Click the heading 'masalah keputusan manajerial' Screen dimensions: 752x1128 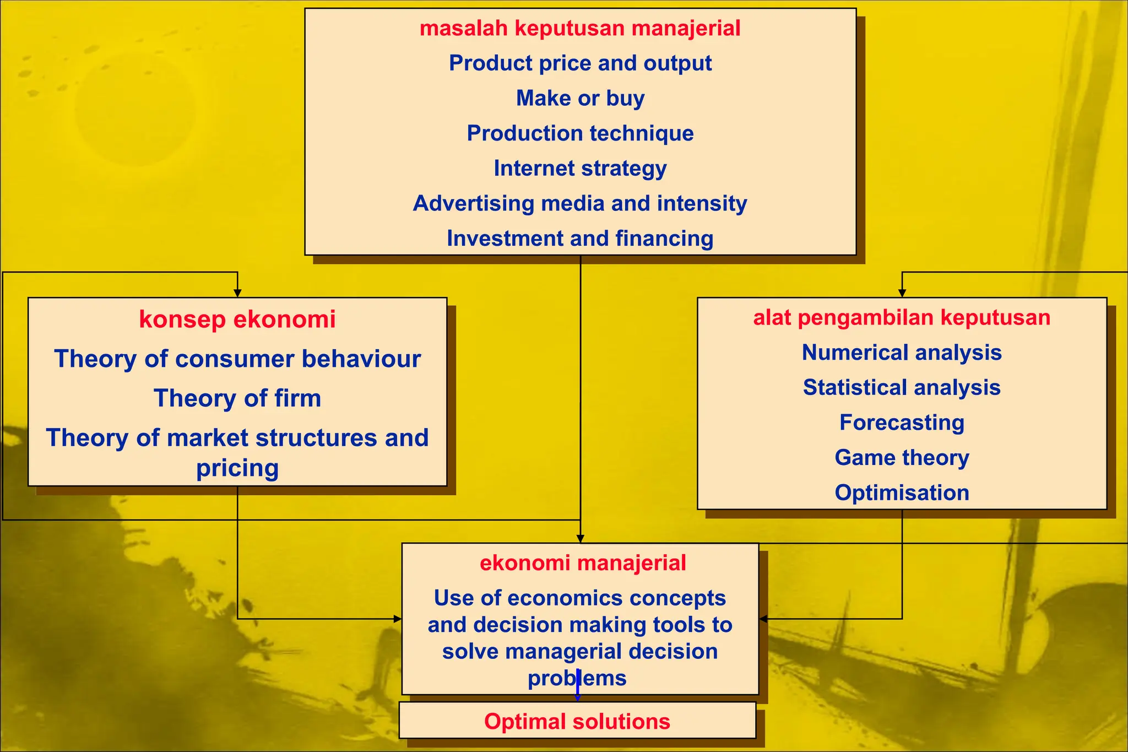(x=580, y=29)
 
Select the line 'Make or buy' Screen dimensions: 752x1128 (x=580, y=99)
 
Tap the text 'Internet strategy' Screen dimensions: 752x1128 (x=580, y=169)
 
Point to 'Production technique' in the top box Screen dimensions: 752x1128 (x=580, y=134)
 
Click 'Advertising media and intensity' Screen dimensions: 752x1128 (x=580, y=204)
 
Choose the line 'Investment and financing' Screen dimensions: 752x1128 (x=580, y=239)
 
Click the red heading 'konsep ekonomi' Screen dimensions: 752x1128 (x=237, y=320)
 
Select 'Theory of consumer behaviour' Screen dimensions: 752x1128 (x=237, y=359)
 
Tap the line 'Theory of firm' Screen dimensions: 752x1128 (x=237, y=398)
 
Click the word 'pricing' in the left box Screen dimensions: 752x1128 (x=237, y=468)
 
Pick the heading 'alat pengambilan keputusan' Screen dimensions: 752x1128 (x=902, y=318)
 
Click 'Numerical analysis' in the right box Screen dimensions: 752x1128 (x=902, y=353)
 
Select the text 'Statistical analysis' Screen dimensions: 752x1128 (x=902, y=388)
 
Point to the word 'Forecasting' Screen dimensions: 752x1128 (x=902, y=423)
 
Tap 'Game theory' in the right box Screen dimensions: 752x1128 (x=902, y=458)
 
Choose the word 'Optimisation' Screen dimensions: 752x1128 (x=902, y=493)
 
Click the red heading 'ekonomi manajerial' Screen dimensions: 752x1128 (x=583, y=564)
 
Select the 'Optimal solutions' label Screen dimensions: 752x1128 (x=577, y=722)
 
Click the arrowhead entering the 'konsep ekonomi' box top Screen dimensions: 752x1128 (x=237, y=293)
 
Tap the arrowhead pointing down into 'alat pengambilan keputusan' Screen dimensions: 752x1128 (x=902, y=293)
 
